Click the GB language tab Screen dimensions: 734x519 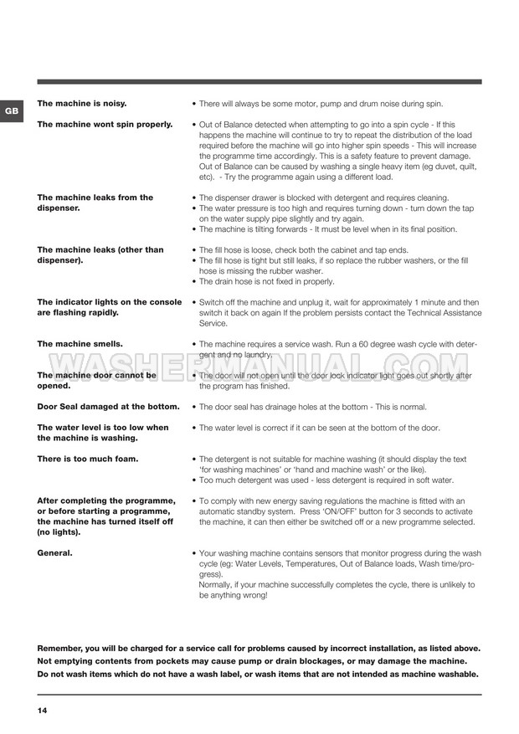pos(11,110)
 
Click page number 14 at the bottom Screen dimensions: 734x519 pos(42,711)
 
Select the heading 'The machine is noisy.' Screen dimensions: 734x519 pos(82,103)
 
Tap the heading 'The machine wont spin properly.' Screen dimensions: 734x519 pos(105,124)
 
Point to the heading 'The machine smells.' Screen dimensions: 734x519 pos(80,343)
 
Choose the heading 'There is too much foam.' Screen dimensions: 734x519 pos(88,459)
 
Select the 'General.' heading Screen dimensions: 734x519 pos(55,553)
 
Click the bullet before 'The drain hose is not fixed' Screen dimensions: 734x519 pos(194,281)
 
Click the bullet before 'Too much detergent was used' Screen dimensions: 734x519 pos(194,480)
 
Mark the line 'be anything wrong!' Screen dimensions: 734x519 pos(234,595)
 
